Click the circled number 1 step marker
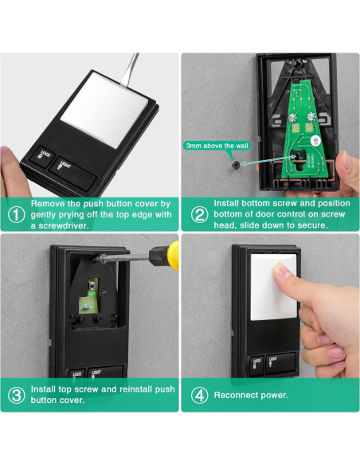pos(16,214)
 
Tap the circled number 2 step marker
pos(199,214)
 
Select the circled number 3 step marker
pos(16,395)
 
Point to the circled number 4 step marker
pos(199,395)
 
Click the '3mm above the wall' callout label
pos(217,146)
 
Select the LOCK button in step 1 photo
pos(43,156)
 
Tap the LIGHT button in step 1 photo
pos(73,174)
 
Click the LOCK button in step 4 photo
pos(256,366)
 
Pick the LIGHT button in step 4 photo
pos(281,363)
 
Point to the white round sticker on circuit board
pos(315,140)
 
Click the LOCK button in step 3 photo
pos(76,373)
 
